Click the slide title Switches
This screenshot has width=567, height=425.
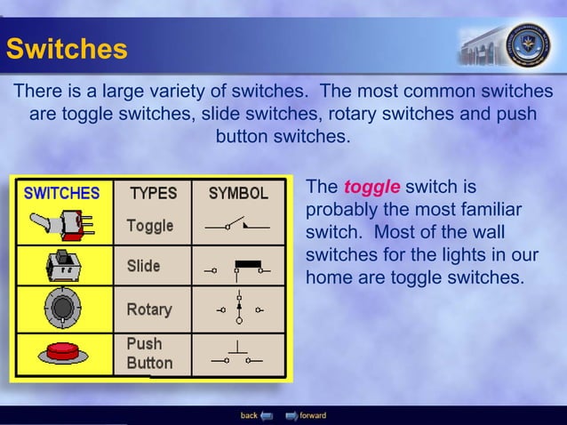[x=66, y=48]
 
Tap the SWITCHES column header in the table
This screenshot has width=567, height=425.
[x=61, y=193]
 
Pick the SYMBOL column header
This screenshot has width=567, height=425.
[x=238, y=193]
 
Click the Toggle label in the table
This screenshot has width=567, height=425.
[x=149, y=226]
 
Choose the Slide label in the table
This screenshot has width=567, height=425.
[x=143, y=267]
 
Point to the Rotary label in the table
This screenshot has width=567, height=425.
[x=148, y=309]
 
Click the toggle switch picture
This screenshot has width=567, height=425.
[x=60, y=225]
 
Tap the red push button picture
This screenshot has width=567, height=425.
[x=60, y=351]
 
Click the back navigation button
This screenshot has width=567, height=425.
[x=257, y=415]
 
